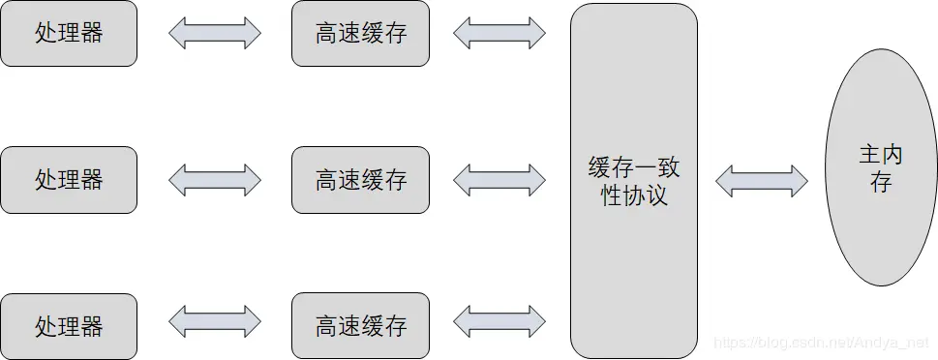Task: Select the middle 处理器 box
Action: [69, 180]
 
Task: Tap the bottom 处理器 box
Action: [69, 326]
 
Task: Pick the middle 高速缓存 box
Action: [360, 180]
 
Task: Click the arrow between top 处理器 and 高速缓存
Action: [214, 33]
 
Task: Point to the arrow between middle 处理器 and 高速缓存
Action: [214, 180]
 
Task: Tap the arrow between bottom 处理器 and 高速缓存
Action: [214, 321]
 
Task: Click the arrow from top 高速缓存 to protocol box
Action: [499, 33]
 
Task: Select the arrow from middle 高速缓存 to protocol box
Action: [499, 180]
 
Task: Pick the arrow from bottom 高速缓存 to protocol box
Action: [499, 321]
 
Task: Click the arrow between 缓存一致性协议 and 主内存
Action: [761, 180]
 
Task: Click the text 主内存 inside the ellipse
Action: [879, 167]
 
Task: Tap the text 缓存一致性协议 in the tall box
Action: [634, 181]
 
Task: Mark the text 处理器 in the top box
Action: [69, 34]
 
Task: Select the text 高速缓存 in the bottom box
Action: [360, 325]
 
